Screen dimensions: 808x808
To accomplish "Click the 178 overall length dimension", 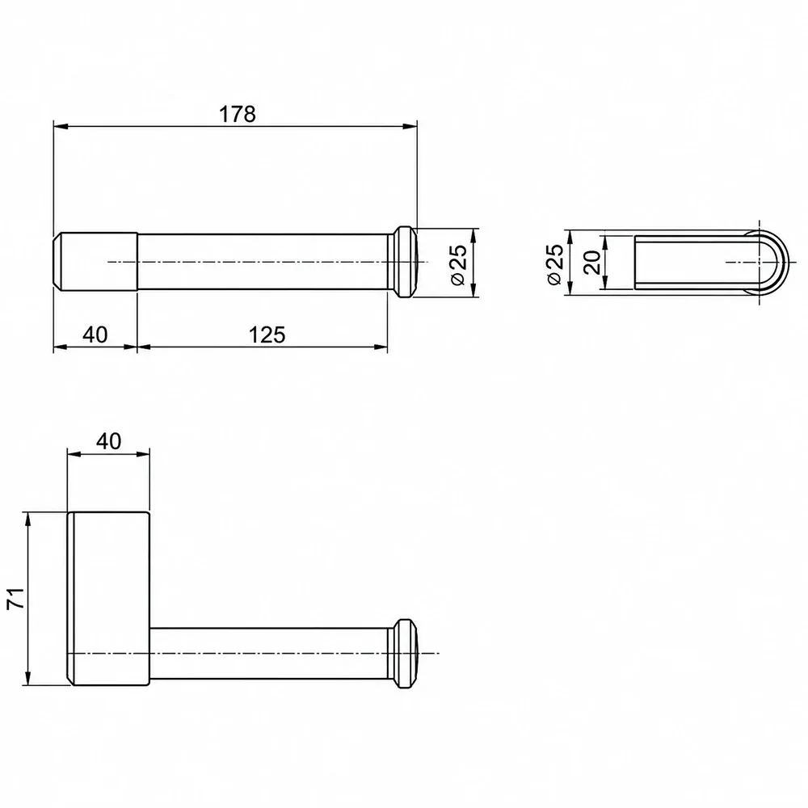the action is click(x=238, y=115).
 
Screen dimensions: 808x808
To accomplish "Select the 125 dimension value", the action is click(x=267, y=335).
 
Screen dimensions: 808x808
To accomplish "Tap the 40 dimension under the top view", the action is click(x=95, y=335).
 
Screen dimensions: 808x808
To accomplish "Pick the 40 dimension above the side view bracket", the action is click(x=109, y=442).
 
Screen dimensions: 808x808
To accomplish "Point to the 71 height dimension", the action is click(x=16, y=598).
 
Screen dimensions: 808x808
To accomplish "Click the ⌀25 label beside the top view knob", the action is click(x=457, y=264).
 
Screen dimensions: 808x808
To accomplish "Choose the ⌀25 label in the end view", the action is click(x=554, y=264).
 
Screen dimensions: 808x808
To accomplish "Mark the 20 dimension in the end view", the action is click(x=592, y=262).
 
